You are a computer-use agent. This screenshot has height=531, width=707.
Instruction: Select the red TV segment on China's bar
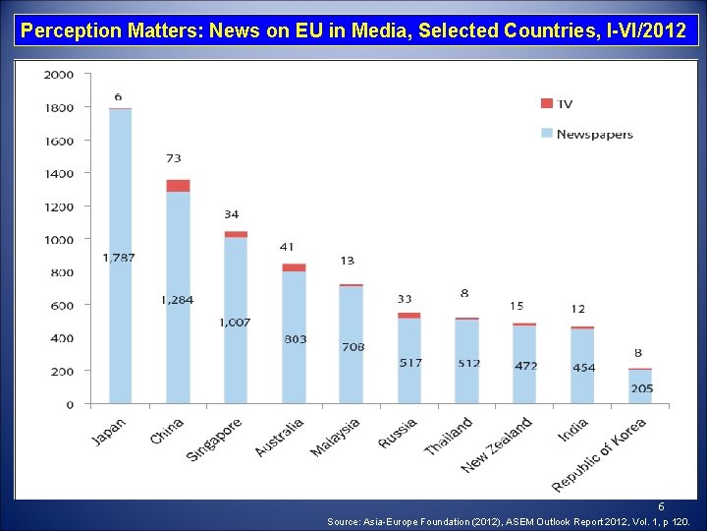click(x=178, y=186)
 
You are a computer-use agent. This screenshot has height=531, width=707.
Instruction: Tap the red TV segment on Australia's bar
click(x=294, y=267)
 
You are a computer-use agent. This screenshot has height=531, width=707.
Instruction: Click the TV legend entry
click(x=558, y=103)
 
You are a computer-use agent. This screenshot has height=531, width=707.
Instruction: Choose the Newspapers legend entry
click(x=587, y=134)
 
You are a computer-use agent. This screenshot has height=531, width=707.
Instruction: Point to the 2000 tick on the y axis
click(x=59, y=75)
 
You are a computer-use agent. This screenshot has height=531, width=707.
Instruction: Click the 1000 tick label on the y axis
click(x=59, y=239)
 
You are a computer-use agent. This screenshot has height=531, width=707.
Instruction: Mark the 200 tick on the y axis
click(x=62, y=371)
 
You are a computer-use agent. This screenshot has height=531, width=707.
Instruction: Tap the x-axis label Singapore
click(x=215, y=438)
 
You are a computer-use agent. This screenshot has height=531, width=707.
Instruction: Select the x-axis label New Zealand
click(x=497, y=443)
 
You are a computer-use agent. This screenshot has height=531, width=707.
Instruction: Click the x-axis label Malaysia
click(x=336, y=436)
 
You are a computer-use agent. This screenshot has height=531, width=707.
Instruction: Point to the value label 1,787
click(x=119, y=258)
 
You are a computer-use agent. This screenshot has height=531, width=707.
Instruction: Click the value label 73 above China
click(x=173, y=157)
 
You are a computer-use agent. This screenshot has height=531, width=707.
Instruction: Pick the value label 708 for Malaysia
click(x=353, y=346)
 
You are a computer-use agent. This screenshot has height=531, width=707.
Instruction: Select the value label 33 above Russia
click(x=405, y=299)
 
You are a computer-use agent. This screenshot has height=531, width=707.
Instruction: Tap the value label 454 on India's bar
click(x=583, y=367)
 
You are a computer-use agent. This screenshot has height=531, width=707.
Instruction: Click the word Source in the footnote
click(x=346, y=522)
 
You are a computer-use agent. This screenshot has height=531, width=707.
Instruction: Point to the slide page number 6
click(x=661, y=506)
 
